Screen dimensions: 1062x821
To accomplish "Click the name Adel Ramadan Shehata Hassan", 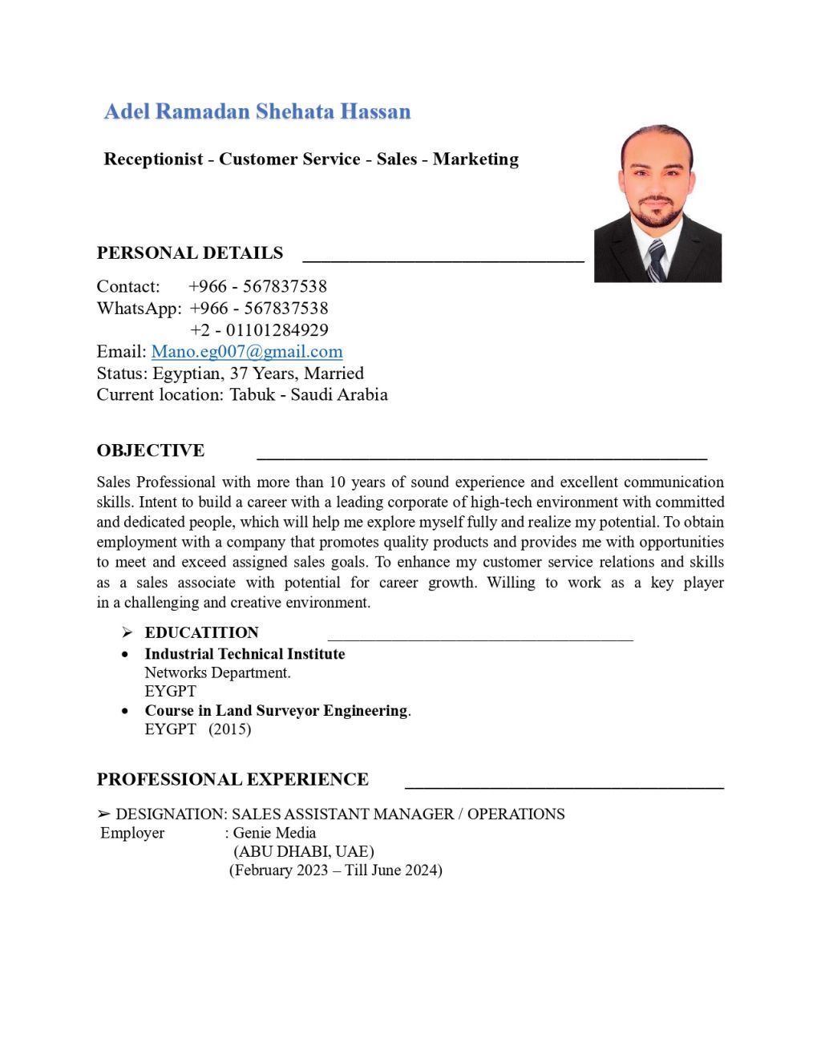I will [257, 111].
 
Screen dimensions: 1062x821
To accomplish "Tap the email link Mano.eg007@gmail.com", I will [247, 352].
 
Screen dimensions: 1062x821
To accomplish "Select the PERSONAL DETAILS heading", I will [190, 253].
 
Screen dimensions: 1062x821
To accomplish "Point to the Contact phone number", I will [257, 287].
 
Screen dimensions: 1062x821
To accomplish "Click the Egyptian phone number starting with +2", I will [259, 330].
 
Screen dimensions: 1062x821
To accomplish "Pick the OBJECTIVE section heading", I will [151, 450].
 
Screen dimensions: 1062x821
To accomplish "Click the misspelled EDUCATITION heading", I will [201, 632].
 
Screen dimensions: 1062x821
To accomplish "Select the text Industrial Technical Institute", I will [245, 654].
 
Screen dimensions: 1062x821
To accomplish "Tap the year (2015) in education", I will [230, 729].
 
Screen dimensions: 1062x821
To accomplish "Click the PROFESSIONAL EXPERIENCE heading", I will [233, 780].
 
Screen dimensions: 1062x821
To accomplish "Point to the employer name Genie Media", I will [274, 833].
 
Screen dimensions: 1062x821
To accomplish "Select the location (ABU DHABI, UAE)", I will [304, 851].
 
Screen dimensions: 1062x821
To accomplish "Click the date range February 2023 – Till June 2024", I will [336, 870].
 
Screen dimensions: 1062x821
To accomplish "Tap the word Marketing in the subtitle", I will [475, 160].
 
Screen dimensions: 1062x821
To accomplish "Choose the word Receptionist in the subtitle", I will [153, 160].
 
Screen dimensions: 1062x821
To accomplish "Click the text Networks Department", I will [217, 672].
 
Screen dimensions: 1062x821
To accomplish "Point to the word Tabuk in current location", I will [252, 395].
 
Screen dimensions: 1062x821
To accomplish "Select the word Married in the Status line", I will [334, 374].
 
